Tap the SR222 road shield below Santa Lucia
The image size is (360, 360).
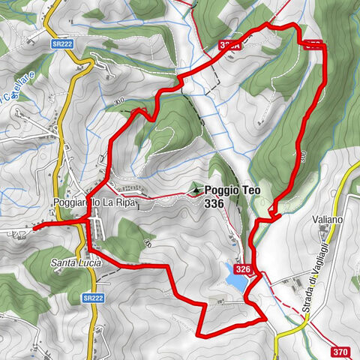tap(92, 298)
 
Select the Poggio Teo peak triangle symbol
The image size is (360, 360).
tap(196, 190)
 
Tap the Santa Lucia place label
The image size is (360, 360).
tap(74, 262)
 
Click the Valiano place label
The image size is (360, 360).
tap(328, 220)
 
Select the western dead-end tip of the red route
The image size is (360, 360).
tap(34, 225)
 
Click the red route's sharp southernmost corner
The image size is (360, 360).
tap(198, 334)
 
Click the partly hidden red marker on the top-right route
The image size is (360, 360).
tap(316, 44)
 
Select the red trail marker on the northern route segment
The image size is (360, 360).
tap(229, 46)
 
